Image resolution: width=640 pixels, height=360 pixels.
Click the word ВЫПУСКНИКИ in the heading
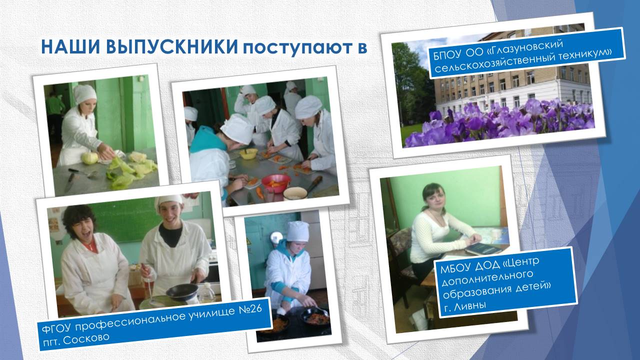[x=172, y=46]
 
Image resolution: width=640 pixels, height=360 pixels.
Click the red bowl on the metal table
[x=275, y=183]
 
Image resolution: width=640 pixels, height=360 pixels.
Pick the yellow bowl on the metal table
[x=248, y=153]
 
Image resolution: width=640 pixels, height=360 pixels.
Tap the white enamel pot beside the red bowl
[x=295, y=193]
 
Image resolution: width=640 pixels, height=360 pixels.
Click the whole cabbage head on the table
[x=89, y=158]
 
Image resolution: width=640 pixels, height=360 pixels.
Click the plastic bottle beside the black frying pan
[x=206, y=292]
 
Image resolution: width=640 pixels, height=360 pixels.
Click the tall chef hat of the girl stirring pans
[x=297, y=231]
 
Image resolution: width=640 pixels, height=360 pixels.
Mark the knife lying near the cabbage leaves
[x=69, y=182]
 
